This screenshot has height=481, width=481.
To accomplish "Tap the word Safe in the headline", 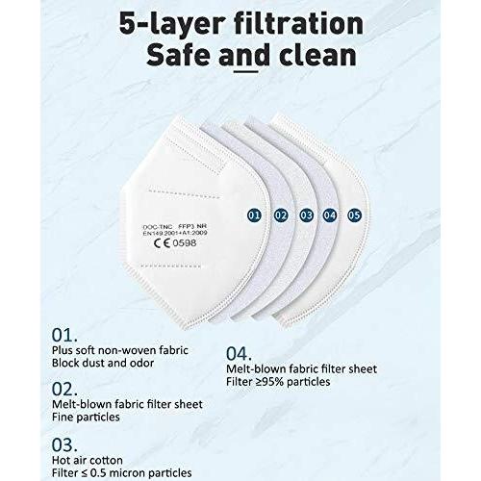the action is [178, 55].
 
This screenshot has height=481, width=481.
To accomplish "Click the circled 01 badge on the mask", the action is [254, 215].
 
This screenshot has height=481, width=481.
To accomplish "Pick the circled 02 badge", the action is [281, 215].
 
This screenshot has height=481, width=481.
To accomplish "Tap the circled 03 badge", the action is [306, 215].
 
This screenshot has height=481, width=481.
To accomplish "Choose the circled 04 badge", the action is [330, 215].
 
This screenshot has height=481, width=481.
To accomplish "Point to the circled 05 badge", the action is [354, 215].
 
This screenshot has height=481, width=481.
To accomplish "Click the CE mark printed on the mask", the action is [162, 243].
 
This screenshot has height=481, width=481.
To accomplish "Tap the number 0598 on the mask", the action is [185, 243].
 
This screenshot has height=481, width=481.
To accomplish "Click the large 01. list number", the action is [64, 336].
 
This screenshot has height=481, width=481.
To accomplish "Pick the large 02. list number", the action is [64, 390].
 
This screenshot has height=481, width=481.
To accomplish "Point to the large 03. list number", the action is [64, 445].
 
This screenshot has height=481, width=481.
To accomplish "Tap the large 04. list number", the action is [239, 354].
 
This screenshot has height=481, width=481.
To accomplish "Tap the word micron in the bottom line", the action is [127, 473].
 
